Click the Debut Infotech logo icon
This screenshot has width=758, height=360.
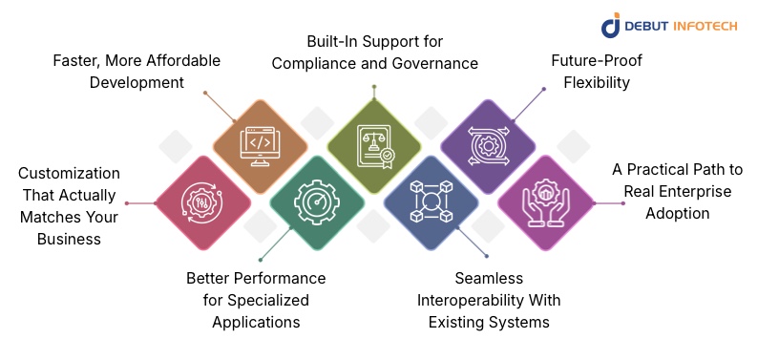click(611, 26)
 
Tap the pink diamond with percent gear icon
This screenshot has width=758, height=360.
click(202, 202)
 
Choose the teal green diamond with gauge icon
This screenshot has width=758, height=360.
click(317, 202)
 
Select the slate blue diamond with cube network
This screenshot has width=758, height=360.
click(431, 202)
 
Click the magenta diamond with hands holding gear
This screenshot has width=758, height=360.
click(545, 202)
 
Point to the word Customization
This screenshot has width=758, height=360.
click(69, 173)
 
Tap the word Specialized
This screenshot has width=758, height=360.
click(256, 301)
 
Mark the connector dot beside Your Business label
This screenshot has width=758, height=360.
click(127, 203)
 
